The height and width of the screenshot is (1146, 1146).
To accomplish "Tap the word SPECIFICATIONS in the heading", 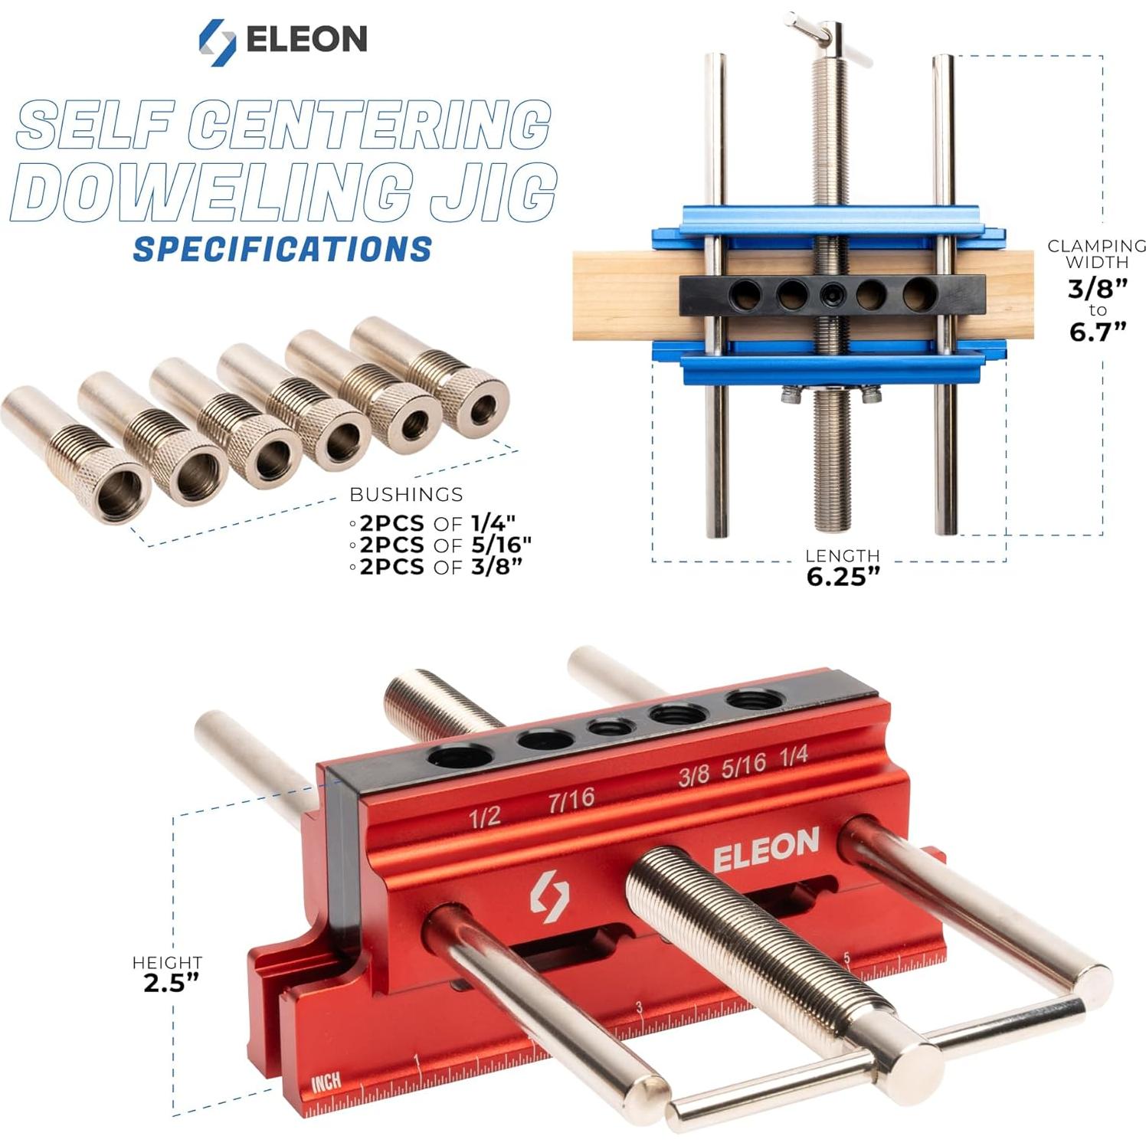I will (x=282, y=250).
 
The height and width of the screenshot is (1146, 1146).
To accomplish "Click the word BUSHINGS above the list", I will (x=406, y=494).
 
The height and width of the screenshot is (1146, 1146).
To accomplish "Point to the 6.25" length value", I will (x=843, y=577).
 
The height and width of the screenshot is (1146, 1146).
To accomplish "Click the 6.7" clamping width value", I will (x=1098, y=332).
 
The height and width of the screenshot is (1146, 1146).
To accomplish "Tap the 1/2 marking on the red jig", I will (x=484, y=817).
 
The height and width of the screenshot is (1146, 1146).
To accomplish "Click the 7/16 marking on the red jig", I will (x=571, y=800).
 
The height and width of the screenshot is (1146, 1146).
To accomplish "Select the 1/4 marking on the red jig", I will (x=794, y=756).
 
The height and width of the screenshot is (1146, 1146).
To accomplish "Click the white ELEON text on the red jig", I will (x=766, y=849).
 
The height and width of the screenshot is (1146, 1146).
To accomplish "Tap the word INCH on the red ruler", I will (x=326, y=1082).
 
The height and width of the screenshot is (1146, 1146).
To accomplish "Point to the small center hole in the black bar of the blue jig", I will (x=832, y=293).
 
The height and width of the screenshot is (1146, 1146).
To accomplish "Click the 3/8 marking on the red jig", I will (x=693, y=776).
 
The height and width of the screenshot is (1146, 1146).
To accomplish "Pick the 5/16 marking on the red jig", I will (x=743, y=765).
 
